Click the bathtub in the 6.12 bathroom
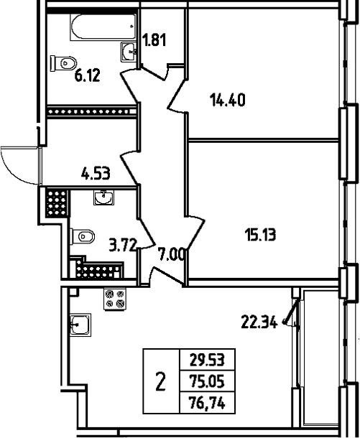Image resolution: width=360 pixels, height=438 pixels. (x=103, y=27)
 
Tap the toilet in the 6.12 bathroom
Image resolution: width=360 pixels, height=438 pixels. (x=63, y=63)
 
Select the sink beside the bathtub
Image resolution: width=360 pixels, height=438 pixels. (x=129, y=52)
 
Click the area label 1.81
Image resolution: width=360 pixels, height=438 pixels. (x=154, y=39)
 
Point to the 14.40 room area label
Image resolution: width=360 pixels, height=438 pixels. (x=228, y=100)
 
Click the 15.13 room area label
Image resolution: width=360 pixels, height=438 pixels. (x=260, y=234)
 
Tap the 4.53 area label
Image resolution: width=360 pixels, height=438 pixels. (x=96, y=173)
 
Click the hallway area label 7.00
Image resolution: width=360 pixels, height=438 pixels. (x=170, y=254)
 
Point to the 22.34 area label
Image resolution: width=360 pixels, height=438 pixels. (x=259, y=322)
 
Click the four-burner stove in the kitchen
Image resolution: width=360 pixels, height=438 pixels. (x=115, y=299)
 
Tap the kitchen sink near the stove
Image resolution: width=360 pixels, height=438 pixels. (x=80, y=325)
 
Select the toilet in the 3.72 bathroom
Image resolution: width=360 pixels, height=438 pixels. (x=82, y=237)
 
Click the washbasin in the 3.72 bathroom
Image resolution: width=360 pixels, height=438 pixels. (x=103, y=197)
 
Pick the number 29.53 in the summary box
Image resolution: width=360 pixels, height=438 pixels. (x=207, y=360)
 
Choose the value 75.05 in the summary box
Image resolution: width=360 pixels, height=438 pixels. (x=207, y=381)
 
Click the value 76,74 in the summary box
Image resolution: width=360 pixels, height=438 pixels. (x=207, y=403)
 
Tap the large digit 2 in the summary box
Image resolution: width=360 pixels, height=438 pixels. (x=160, y=381)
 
